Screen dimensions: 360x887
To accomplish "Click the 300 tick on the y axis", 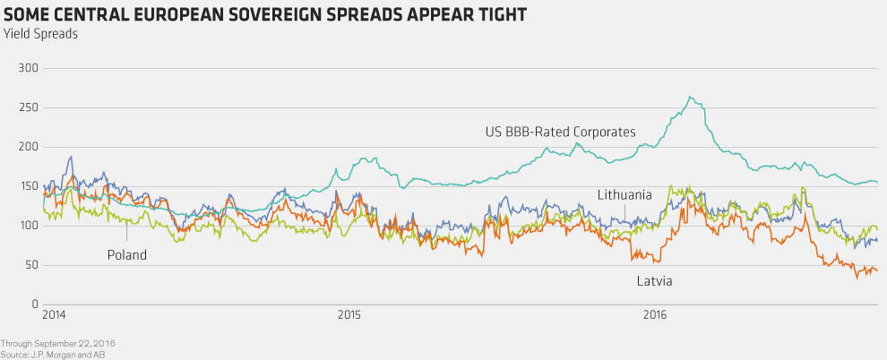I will click(x=30, y=68).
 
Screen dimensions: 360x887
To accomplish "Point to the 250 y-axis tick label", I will click(x=30, y=107).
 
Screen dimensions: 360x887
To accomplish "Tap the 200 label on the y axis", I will click(x=30, y=147).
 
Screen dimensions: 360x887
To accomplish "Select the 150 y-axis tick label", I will click(x=30, y=186).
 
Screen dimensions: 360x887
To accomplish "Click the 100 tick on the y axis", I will click(x=30, y=226).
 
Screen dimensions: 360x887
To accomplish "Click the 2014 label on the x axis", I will click(x=55, y=315).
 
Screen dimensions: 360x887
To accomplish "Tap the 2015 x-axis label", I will click(x=349, y=315).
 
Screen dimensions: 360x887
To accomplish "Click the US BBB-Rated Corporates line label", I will click(x=560, y=133).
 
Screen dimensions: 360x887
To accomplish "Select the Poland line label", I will click(x=126, y=255).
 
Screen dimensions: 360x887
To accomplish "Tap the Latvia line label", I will click(x=655, y=281).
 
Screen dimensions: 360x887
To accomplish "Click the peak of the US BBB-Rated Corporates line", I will click(x=689, y=97).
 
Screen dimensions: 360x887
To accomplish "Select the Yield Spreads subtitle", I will click(x=40, y=34).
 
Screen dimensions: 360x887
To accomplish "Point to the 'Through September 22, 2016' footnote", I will click(x=58, y=343).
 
